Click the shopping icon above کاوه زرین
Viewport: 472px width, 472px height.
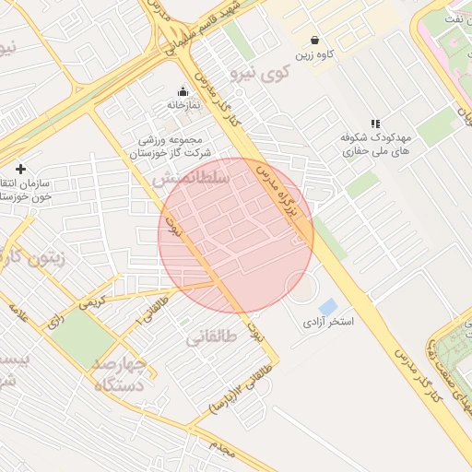[316, 41]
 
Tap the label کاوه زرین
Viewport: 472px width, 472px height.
[314, 55]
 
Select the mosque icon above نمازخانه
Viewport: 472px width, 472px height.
[183, 91]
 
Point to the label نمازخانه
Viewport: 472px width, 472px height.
[183, 106]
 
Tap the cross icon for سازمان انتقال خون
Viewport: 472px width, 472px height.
[20, 168]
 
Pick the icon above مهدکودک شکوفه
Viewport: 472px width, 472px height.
[375, 123]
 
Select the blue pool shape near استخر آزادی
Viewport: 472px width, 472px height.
[328, 306]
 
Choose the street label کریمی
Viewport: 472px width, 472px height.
[93, 301]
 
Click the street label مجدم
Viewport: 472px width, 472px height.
[222, 447]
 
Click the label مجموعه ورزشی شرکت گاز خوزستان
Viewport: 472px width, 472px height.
[175, 146]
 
